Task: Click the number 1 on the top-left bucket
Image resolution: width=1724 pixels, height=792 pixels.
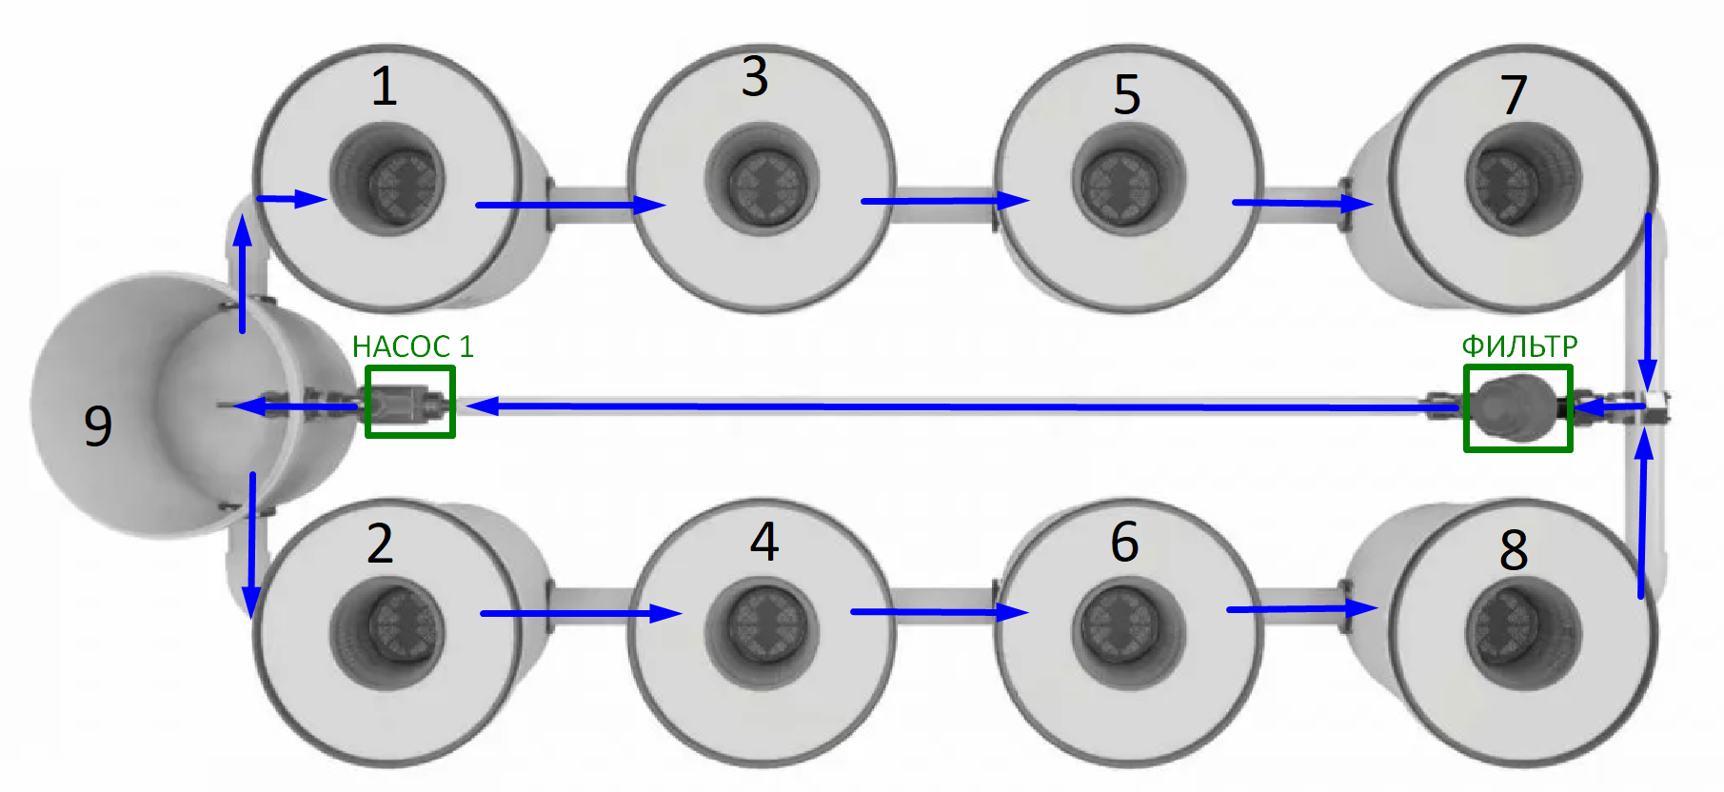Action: tap(384, 87)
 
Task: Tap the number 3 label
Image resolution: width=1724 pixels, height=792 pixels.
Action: tap(755, 76)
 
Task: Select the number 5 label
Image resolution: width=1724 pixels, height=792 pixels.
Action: tap(1127, 94)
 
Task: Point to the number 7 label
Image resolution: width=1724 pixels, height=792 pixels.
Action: tap(1514, 94)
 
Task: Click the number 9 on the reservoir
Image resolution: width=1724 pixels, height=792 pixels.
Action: tap(98, 426)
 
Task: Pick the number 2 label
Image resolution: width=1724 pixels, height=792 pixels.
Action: tap(380, 544)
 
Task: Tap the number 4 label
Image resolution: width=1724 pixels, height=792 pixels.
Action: tap(764, 542)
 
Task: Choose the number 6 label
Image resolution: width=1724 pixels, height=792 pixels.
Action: tap(1124, 542)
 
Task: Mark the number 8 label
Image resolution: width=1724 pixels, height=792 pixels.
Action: tap(1514, 549)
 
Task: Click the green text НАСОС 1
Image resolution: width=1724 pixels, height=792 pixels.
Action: tap(412, 346)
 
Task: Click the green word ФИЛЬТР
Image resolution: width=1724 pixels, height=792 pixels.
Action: tap(1519, 346)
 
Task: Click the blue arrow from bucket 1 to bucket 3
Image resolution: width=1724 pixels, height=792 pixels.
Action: tap(569, 205)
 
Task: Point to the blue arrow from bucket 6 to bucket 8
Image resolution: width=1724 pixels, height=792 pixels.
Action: tap(1300, 608)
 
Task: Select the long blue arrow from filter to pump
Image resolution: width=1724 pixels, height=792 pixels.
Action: tap(952, 406)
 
